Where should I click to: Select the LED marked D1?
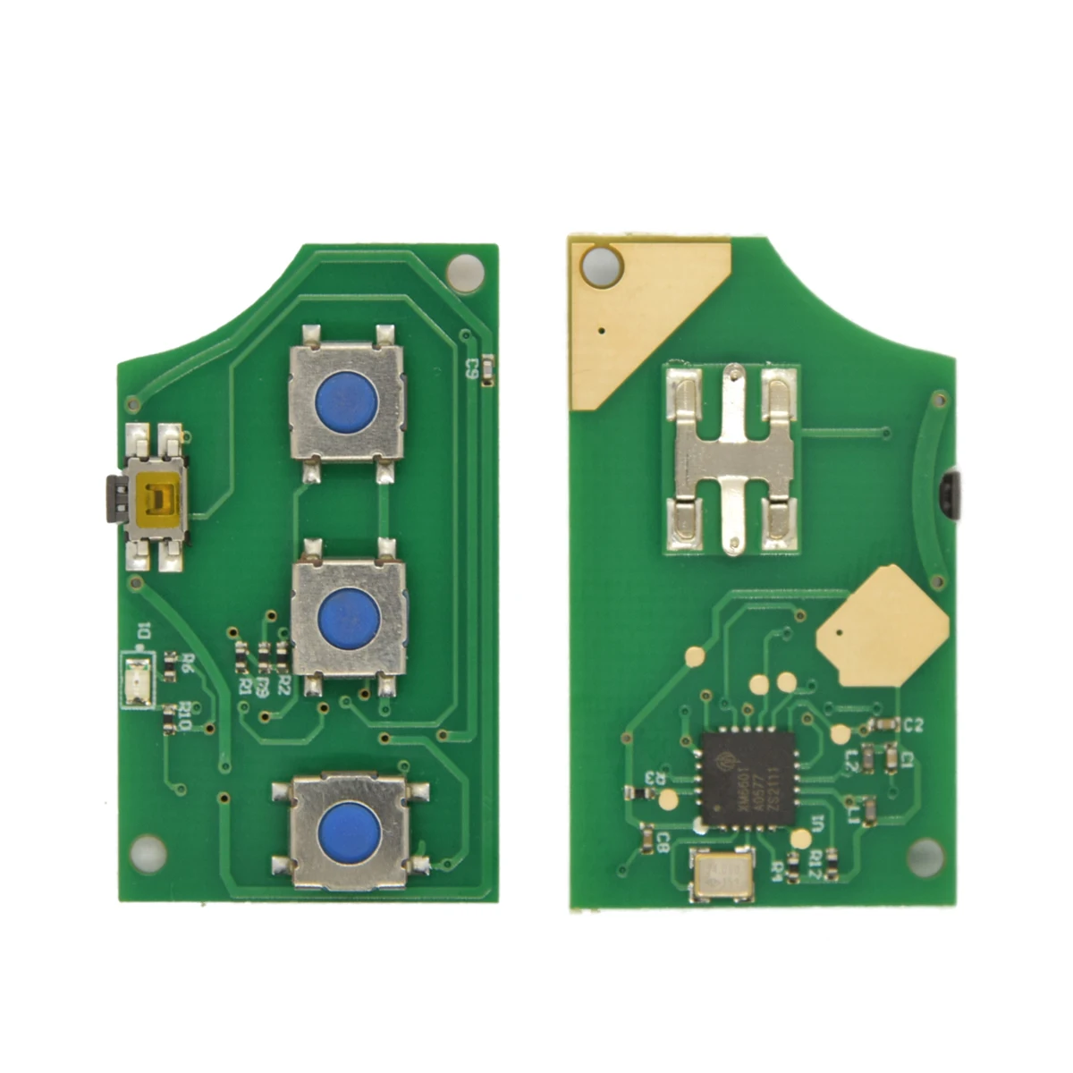[139, 670]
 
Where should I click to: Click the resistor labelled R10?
[170, 717]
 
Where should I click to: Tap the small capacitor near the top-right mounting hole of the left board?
[487, 370]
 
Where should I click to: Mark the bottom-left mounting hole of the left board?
[148, 852]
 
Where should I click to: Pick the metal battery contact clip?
[731, 459]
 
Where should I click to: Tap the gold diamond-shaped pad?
[883, 627]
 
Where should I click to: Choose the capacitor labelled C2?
[883, 723]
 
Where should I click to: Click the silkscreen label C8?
[663, 842]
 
